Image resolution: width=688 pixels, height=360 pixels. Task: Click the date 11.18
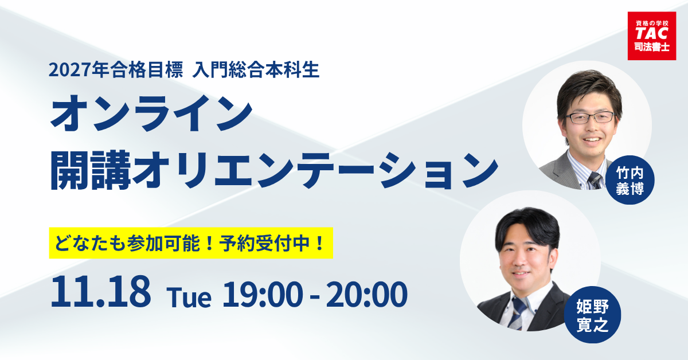(101, 293)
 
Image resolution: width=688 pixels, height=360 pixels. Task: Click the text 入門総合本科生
(255, 71)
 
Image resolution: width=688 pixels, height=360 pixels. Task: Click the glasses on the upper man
(589, 118)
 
